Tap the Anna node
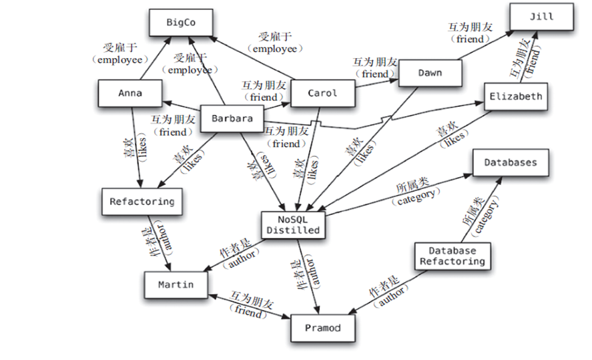pyautogui.click(x=130, y=94)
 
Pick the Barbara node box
pyautogui.click(x=232, y=119)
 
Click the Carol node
pyautogui.click(x=322, y=94)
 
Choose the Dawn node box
pyautogui.click(x=430, y=72)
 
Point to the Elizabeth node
pyautogui.click(x=515, y=96)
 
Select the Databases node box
pyautogui.click(x=511, y=162)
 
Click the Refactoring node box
pyautogui.click(x=141, y=201)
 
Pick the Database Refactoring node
pyautogui.click(x=452, y=256)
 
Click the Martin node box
pyautogui.click(x=176, y=285)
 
